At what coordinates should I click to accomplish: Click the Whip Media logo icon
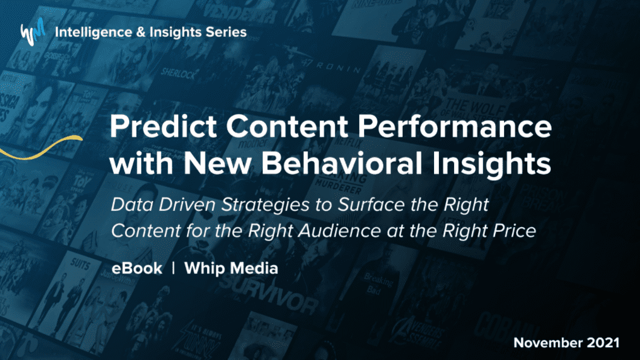(33, 33)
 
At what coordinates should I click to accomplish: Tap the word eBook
(136, 268)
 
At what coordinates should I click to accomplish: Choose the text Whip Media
(231, 268)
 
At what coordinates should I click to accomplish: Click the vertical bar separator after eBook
(173, 268)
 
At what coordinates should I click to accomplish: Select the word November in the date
(547, 343)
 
